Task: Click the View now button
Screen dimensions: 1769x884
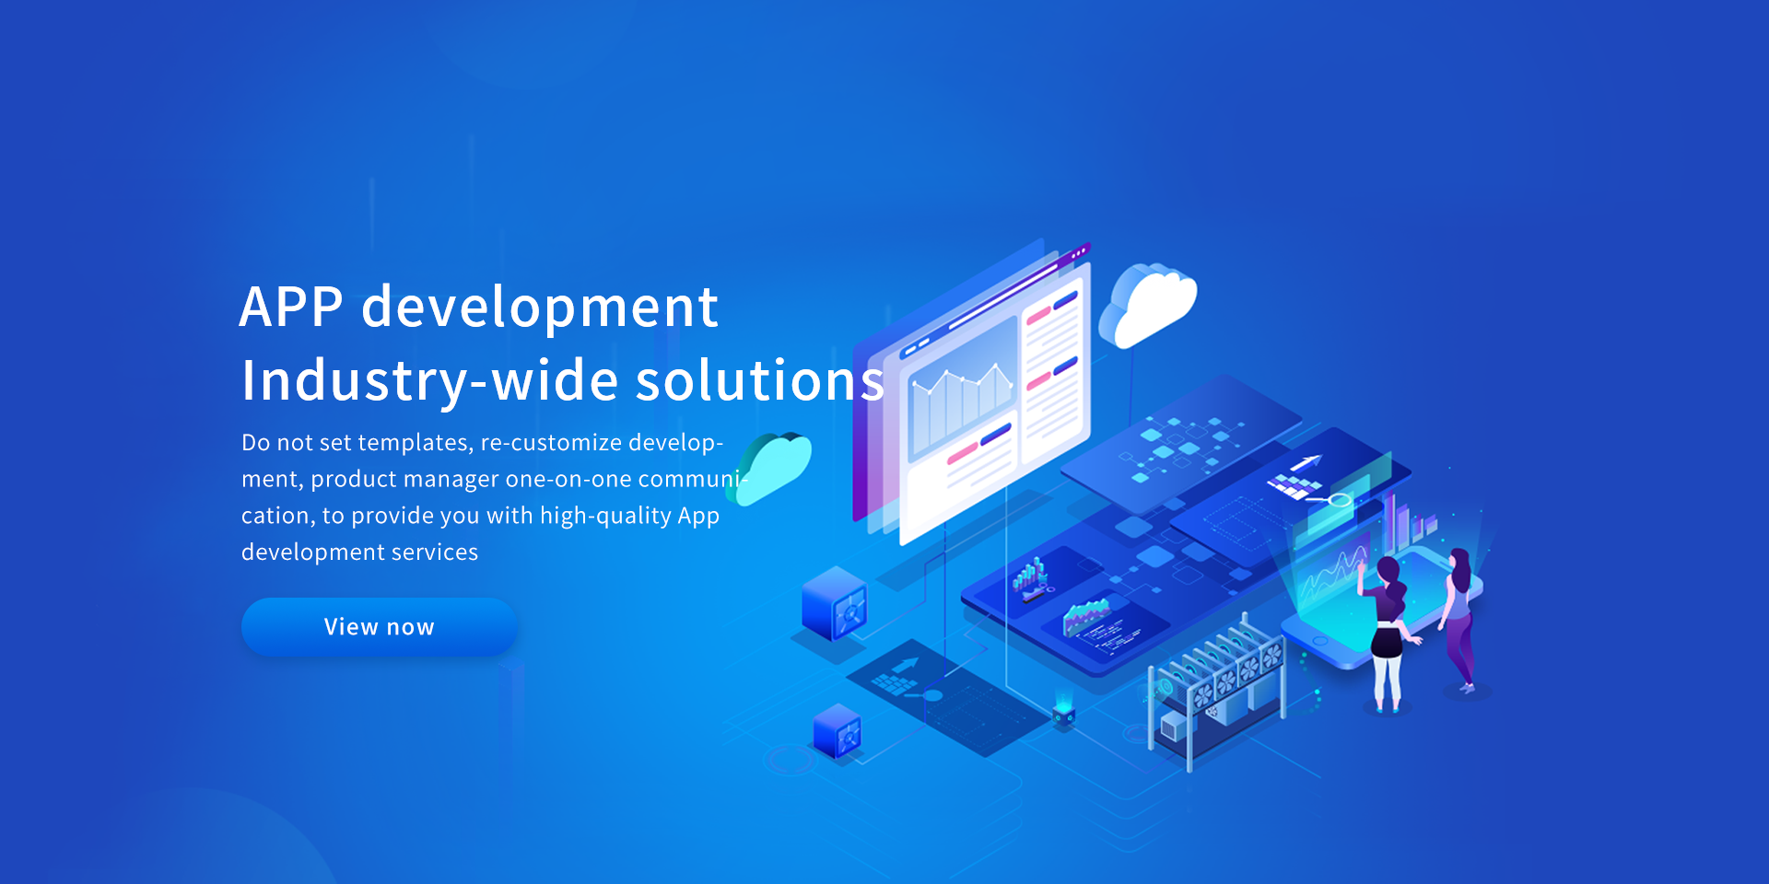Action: pos(379,627)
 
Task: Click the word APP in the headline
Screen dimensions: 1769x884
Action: pos(291,307)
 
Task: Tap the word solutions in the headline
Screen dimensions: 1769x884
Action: pos(760,380)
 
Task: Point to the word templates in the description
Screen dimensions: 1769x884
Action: pos(416,443)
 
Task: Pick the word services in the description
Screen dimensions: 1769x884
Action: pos(435,552)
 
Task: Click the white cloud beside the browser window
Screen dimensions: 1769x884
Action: pos(1148,307)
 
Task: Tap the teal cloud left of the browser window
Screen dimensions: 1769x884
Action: pos(770,468)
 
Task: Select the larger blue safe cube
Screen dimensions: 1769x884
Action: pos(835,604)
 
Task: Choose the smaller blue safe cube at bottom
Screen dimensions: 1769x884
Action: pos(838,731)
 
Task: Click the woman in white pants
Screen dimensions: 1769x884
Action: pos(1387,634)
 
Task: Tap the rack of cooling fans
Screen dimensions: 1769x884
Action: pos(1216,686)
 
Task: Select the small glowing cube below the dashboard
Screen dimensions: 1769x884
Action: pos(1064,712)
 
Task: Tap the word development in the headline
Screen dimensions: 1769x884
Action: pos(539,307)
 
